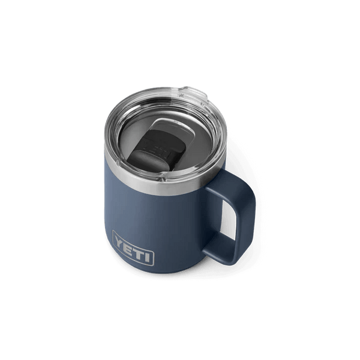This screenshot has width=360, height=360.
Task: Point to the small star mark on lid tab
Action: pyautogui.click(x=181, y=95)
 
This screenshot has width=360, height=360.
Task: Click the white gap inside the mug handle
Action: pyautogui.click(x=228, y=219)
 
